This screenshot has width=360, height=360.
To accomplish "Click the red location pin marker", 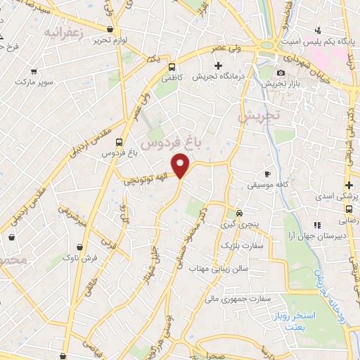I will pyautogui.click(x=181, y=165).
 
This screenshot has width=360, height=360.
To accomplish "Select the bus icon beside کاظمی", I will pyautogui.click(x=172, y=67).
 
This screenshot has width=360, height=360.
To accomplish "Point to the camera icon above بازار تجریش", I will pyautogui.click(x=281, y=73).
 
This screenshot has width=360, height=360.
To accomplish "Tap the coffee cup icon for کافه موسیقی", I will pyautogui.click(x=267, y=174).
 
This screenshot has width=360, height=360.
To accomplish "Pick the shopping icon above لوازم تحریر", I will pyautogui.click(x=110, y=29).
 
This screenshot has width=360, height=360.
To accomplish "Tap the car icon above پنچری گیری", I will pyautogui.click(x=239, y=212).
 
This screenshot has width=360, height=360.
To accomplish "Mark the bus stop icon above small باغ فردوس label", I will pyautogui.click(x=120, y=141).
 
